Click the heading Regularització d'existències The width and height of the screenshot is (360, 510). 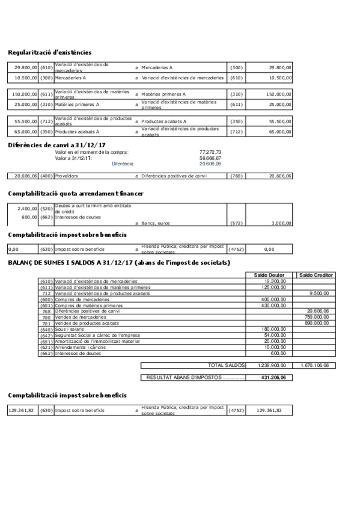coord(50,53)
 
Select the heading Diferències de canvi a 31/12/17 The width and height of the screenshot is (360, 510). coord(57,145)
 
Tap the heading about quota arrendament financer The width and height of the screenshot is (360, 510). coord(76,194)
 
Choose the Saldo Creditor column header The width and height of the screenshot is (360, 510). coord(316,275)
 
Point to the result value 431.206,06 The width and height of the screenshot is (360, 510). coord(271,378)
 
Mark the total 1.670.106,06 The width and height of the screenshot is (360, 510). coord(316,365)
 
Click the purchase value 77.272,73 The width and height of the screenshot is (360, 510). coord(210,152)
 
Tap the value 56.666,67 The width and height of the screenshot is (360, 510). coord(210,158)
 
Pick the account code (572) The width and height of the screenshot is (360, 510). coord(236,223)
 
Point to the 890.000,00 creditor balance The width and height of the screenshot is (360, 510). coord(317,323)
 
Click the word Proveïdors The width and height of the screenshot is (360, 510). coord(66,176)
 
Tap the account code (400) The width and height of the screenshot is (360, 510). coord(46,176)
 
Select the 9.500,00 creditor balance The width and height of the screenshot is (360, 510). coord(319,293)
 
